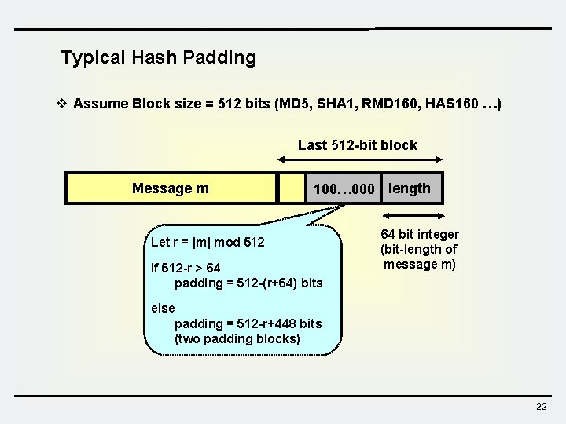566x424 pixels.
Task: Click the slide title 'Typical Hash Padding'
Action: pyautogui.click(x=158, y=57)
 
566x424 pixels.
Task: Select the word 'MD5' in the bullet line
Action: pyautogui.click(x=296, y=104)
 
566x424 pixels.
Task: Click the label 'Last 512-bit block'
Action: pyautogui.click(x=358, y=144)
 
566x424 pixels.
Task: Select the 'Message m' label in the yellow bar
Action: pyautogui.click(x=171, y=188)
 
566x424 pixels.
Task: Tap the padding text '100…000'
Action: pyautogui.click(x=344, y=189)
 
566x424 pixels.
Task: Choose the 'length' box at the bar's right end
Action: pyautogui.click(x=410, y=188)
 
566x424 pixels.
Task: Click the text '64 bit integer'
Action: pyautogui.click(x=420, y=235)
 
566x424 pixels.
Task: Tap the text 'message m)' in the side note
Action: pyautogui.click(x=420, y=264)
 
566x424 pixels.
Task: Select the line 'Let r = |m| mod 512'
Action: pyautogui.click(x=208, y=242)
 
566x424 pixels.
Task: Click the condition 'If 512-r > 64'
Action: pyautogui.click(x=186, y=269)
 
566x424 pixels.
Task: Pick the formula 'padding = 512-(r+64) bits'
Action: pyautogui.click(x=248, y=283)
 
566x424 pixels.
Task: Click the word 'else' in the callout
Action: pyautogui.click(x=163, y=308)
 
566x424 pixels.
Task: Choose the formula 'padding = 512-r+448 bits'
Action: pyautogui.click(x=248, y=323)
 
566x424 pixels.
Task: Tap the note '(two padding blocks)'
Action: pyautogui.click(x=237, y=338)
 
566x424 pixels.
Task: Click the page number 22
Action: pyautogui.click(x=541, y=406)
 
